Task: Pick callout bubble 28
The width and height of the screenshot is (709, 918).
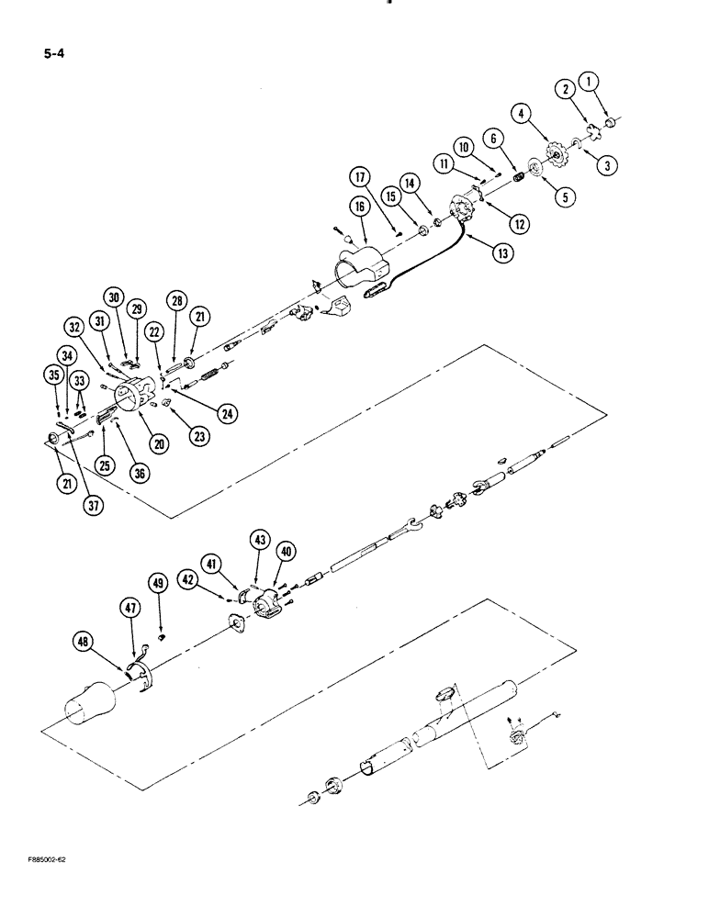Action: (x=176, y=302)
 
